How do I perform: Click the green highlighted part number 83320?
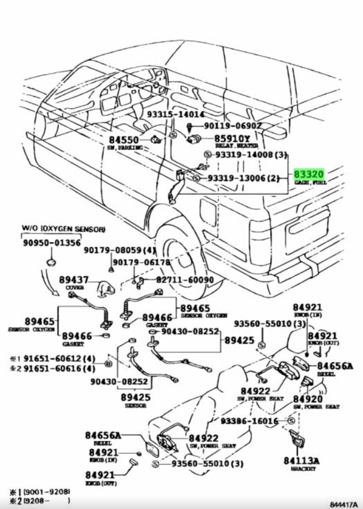point(309,174)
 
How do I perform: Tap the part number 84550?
point(124,140)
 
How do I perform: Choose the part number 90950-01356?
point(52,243)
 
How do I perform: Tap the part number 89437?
point(74,280)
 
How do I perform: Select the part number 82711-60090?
point(184,280)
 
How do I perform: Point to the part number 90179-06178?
point(141,262)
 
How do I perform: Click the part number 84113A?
point(302,461)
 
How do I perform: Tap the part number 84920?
point(308,399)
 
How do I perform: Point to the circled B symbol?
point(108,364)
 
